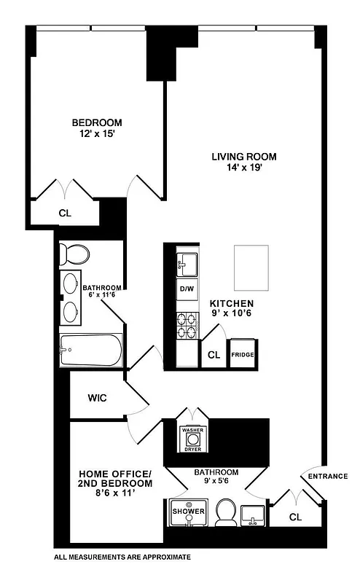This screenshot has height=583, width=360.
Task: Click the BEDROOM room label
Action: (96, 122)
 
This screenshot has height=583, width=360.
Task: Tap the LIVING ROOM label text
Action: (244, 157)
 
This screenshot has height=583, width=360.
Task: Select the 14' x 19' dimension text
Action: (244, 168)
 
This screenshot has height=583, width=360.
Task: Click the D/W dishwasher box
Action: (187, 289)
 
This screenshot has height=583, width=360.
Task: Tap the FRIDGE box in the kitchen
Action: (241, 355)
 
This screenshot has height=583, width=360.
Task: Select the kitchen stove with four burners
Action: (187, 325)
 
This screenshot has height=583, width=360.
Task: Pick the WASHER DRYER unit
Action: (192, 439)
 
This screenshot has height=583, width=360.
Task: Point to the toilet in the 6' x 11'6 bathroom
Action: (74, 254)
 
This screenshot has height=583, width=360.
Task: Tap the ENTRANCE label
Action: (327, 476)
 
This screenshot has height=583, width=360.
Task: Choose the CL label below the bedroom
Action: (65, 214)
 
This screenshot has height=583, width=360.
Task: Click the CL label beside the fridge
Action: (214, 355)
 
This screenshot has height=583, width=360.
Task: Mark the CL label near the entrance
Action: (295, 517)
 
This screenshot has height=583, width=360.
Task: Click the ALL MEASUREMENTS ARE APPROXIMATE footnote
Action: (122, 557)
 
